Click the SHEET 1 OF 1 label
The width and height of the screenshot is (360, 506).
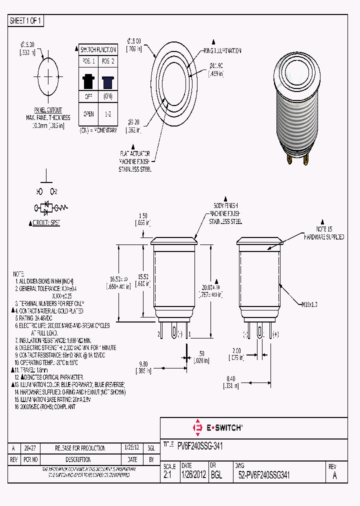pyautogui.click(x=26, y=20)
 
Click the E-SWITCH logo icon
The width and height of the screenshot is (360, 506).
pyautogui.click(x=196, y=427)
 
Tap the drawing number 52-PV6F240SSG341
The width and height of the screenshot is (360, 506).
pyautogui.click(x=264, y=475)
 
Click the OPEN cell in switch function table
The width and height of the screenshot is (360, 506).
pyautogui.click(x=88, y=113)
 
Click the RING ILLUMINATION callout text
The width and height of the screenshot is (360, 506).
pyautogui.click(x=222, y=51)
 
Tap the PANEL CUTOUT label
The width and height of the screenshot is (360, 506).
pyautogui.click(x=48, y=110)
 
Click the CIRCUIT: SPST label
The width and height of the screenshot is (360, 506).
pyautogui.click(x=46, y=223)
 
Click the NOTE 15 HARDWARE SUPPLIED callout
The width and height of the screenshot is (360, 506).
pyautogui.click(x=324, y=232)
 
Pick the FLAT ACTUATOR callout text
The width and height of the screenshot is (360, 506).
pyautogui.click(x=134, y=154)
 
